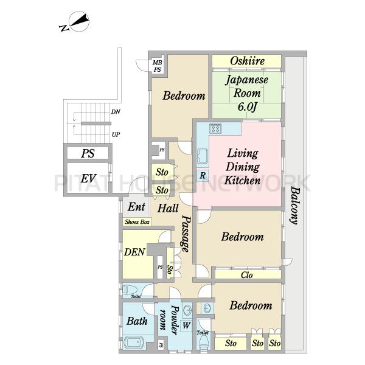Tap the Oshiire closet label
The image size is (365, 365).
pyautogui.click(x=248, y=61)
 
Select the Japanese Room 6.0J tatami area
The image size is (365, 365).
pyautogui.click(x=247, y=95)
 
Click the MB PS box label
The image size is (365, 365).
pyautogui.click(x=158, y=66)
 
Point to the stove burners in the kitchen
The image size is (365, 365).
pyautogui.click(x=215, y=128)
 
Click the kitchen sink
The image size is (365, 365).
pyautogui.click(x=203, y=156)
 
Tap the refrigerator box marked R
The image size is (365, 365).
pyautogui.click(x=203, y=176)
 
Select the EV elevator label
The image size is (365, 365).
pyautogui.click(x=88, y=178)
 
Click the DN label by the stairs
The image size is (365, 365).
pyautogui.click(x=116, y=112)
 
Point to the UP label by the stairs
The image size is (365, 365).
pyautogui.click(x=116, y=134)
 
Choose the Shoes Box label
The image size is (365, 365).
pyautogui.click(x=137, y=222)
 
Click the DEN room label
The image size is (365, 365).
pyautogui.click(x=134, y=252)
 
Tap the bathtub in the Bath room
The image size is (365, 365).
pyautogui.click(x=134, y=342)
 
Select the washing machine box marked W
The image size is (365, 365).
pyautogui.click(x=186, y=325)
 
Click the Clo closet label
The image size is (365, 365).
pyautogui.click(x=247, y=275)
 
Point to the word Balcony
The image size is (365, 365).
pyautogui.click(x=295, y=206)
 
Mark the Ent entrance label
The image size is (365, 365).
pyautogui.click(x=137, y=207)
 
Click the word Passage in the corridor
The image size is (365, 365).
pyautogui.click(x=186, y=234)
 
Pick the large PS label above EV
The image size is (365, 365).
pyautogui.click(x=88, y=153)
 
